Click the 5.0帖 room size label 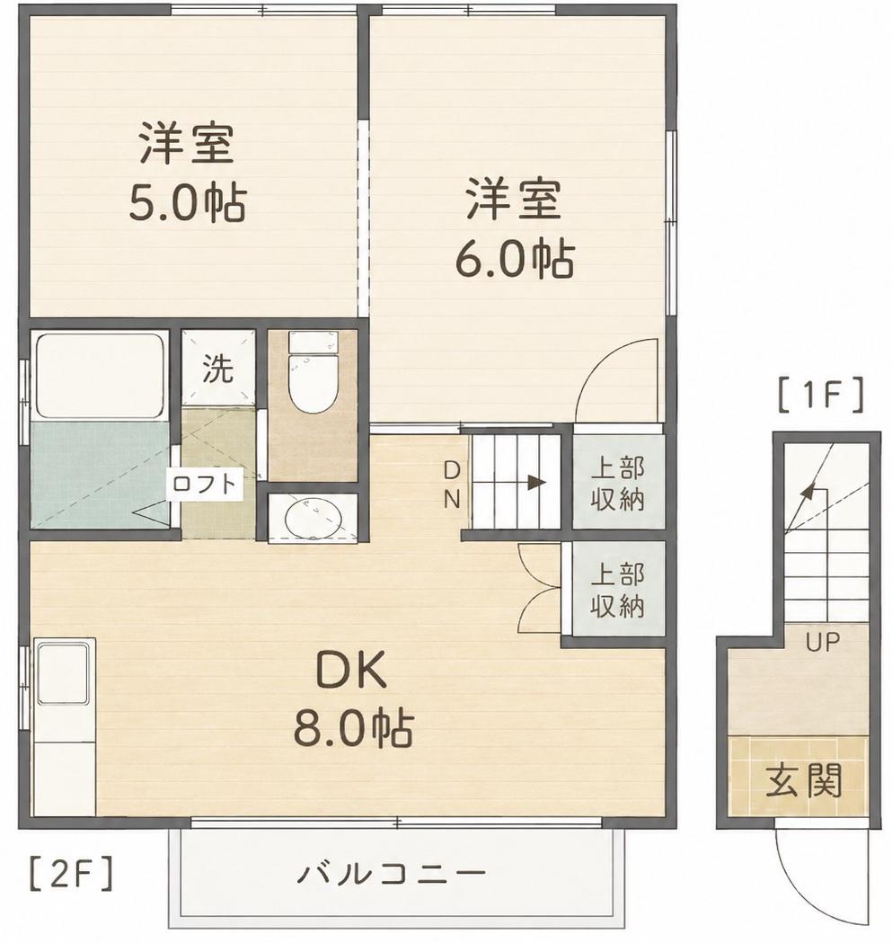coord(188,204)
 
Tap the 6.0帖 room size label coord(515,259)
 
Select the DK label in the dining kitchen coord(351,672)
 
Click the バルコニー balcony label coord(392,873)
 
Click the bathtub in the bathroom coord(101,375)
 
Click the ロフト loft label coord(206,484)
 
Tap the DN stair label coord(452,485)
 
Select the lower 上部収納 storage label coord(617,590)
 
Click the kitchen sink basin coord(64,672)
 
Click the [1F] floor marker coord(820,395)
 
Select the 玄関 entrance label coord(803,779)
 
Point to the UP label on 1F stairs coord(823,642)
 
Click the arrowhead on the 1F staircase coord(808,490)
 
